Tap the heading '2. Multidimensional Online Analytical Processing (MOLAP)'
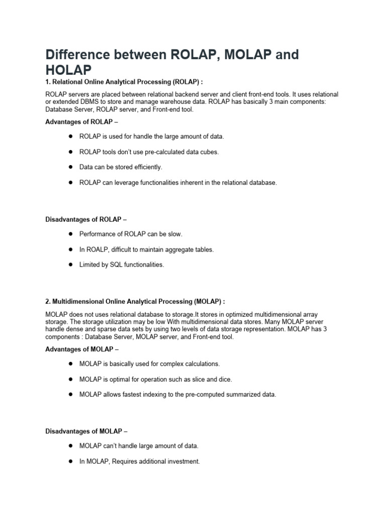click(135, 301)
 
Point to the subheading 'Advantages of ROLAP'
click(83, 122)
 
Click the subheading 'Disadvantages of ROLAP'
click(88, 219)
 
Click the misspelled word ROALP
click(96, 249)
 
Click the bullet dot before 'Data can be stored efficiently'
click(71, 167)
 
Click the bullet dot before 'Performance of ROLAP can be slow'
click(71, 234)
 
